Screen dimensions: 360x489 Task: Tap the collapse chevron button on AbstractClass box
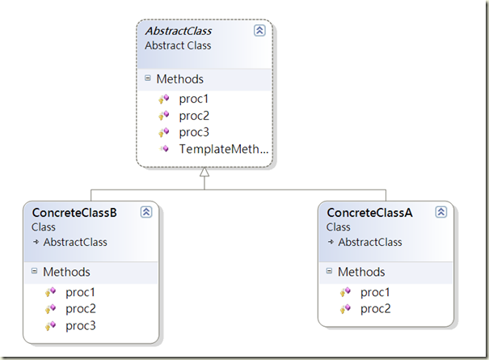pyautogui.click(x=259, y=31)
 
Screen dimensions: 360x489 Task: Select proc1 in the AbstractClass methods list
pyautogui.click(x=195, y=99)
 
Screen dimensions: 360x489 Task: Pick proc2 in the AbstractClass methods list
pyautogui.click(x=195, y=116)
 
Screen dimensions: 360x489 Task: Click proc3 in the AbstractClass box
pyautogui.click(x=195, y=132)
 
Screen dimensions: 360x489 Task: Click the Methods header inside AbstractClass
pyautogui.click(x=179, y=79)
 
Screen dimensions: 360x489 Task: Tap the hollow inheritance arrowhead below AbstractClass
pyautogui.click(x=204, y=172)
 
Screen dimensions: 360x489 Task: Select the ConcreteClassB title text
pyautogui.click(x=74, y=213)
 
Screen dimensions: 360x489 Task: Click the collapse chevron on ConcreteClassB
pyautogui.click(x=146, y=212)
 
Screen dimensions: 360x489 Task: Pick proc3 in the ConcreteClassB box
pyautogui.click(x=81, y=325)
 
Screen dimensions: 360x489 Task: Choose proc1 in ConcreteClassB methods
pyautogui.click(x=81, y=291)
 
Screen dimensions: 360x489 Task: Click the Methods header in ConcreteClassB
pyautogui.click(x=66, y=272)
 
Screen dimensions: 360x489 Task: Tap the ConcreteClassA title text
pyautogui.click(x=369, y=213)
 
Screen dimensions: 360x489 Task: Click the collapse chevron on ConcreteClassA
pyautogui.click(x=441, y=212)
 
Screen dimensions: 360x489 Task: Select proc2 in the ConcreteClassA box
pyautogui.click(x=376, y=308)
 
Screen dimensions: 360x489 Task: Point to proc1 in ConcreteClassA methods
pyautogui.click(x=376, y=291)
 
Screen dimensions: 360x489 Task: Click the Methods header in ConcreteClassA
pyautogui.click(x=361, y=272)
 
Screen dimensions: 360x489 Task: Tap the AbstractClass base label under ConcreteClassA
pyautogui.click(x=369, y=242)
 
